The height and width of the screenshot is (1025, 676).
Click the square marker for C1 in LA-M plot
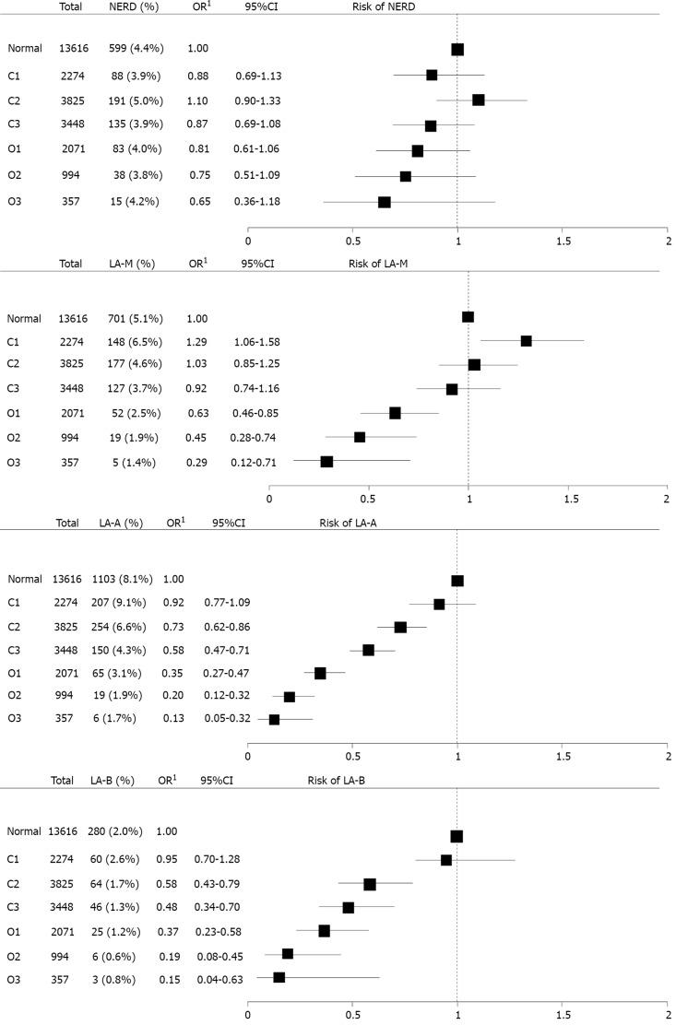(x=526, y=341)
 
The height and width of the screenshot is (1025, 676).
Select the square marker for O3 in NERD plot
(x=384, y=202)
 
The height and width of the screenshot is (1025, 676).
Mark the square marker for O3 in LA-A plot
(x=274, y=719)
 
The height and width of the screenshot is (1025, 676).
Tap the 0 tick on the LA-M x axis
(x=269, y=498)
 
